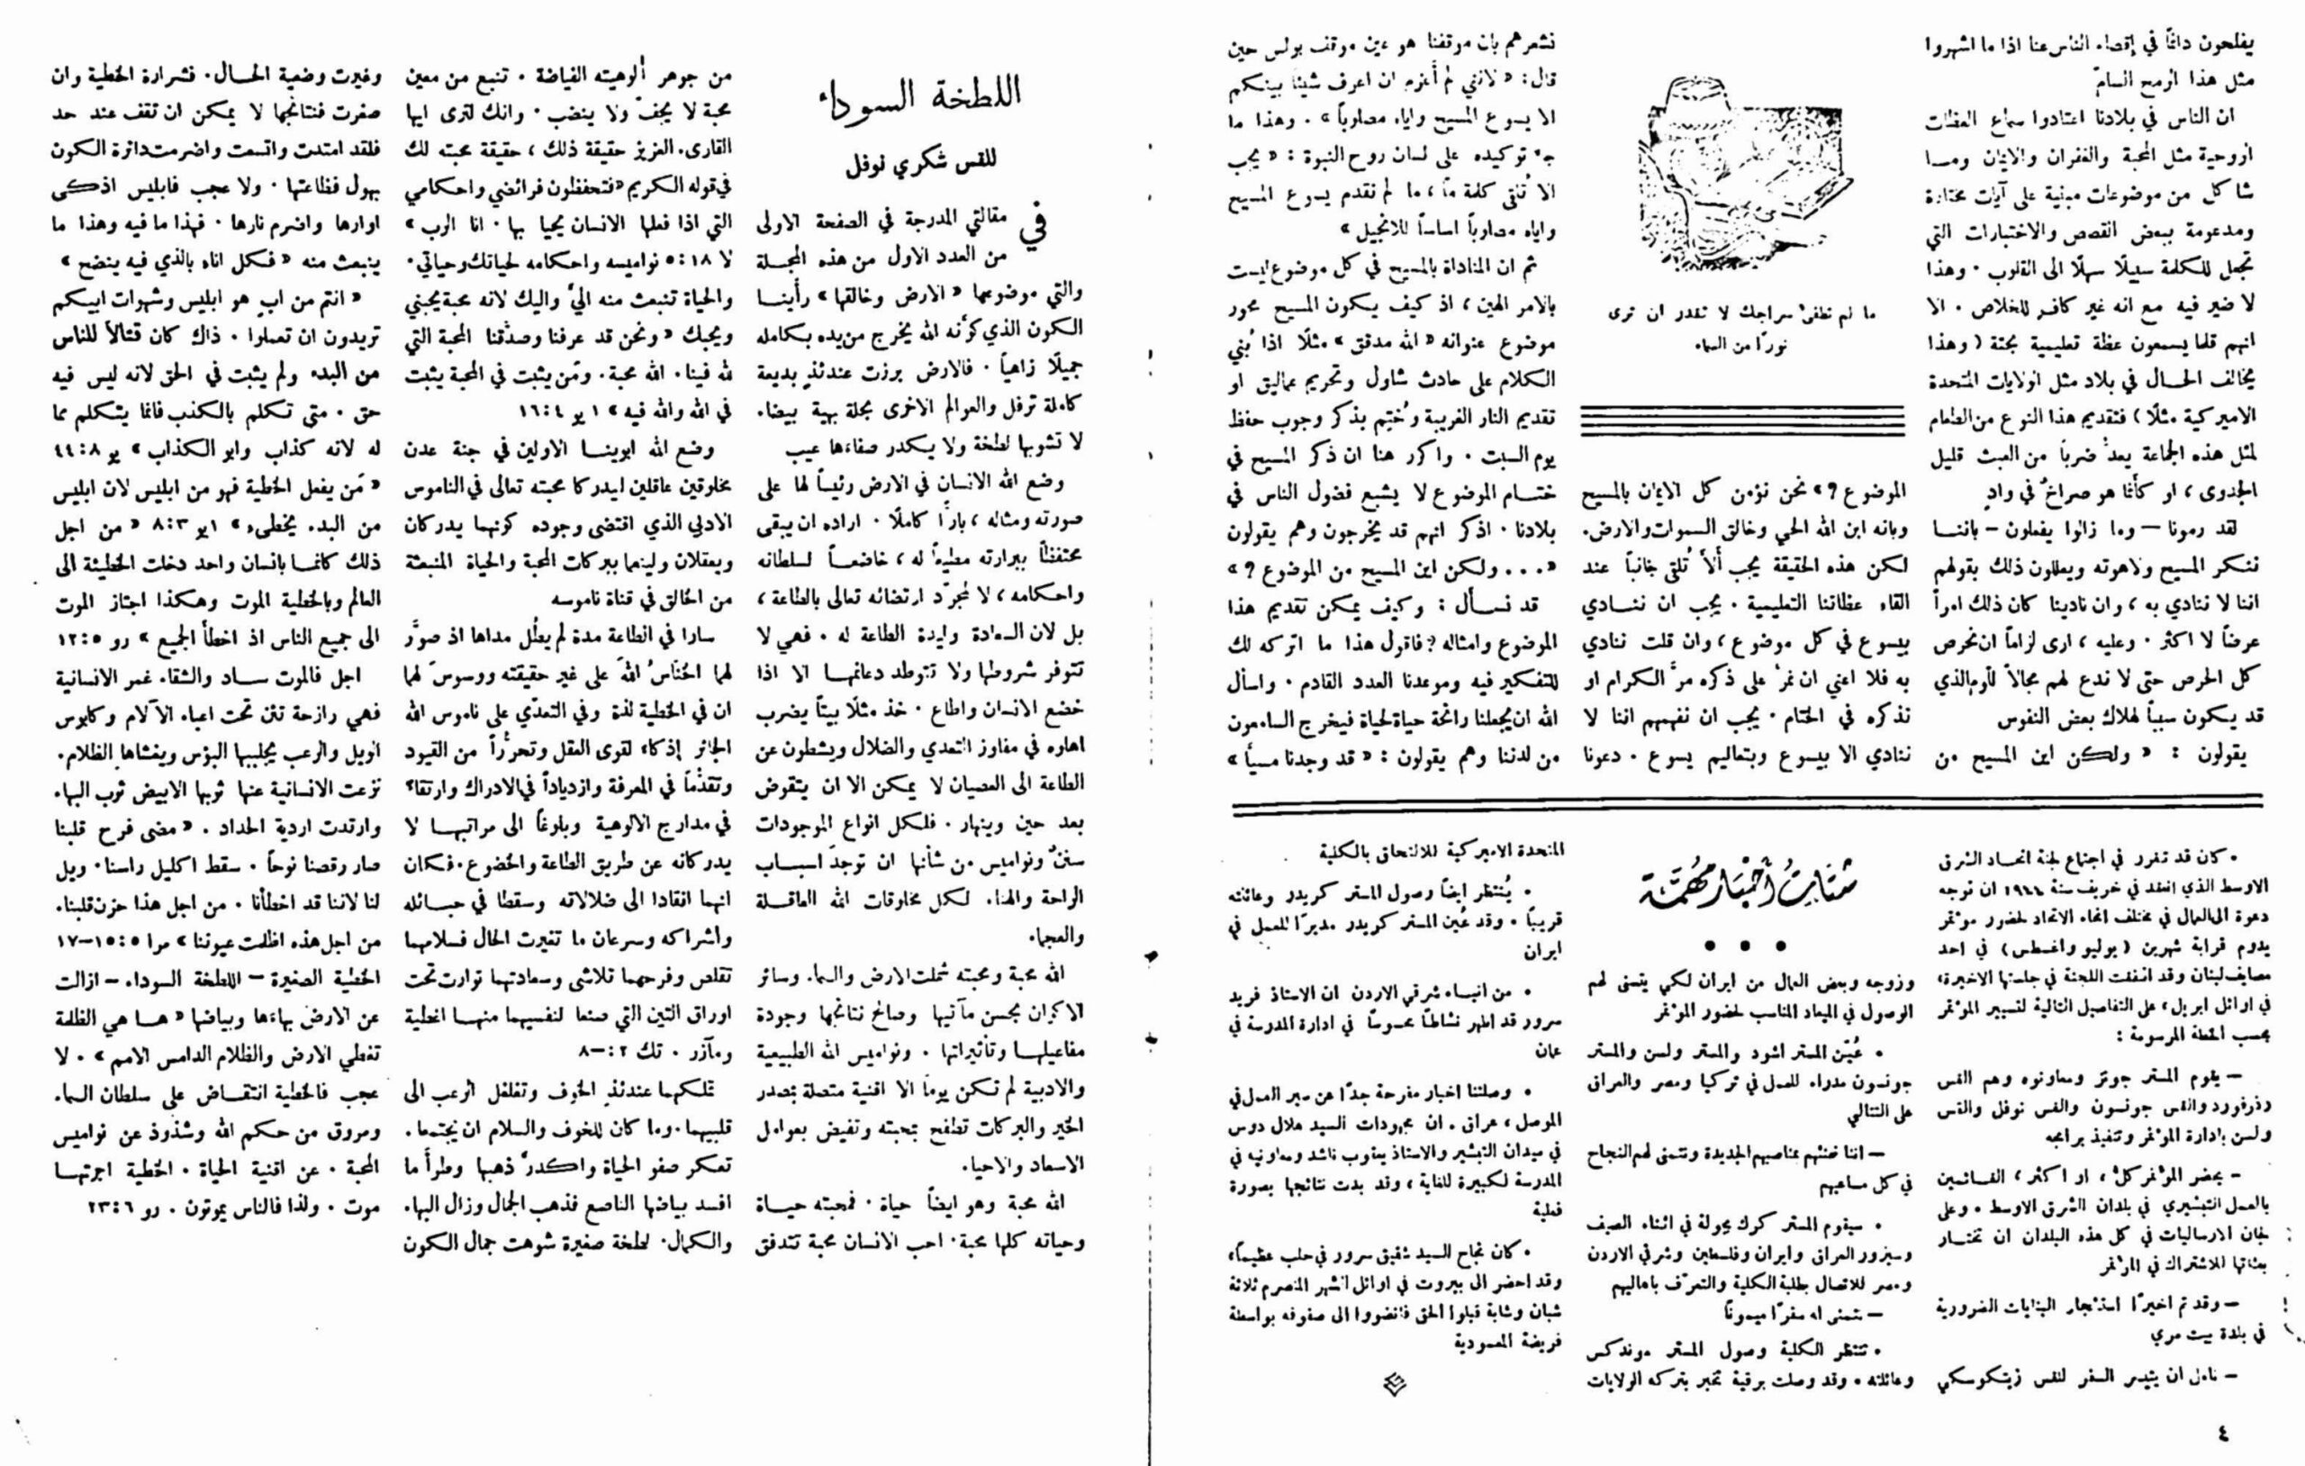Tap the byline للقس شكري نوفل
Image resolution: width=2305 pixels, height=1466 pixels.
coord(920,160)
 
